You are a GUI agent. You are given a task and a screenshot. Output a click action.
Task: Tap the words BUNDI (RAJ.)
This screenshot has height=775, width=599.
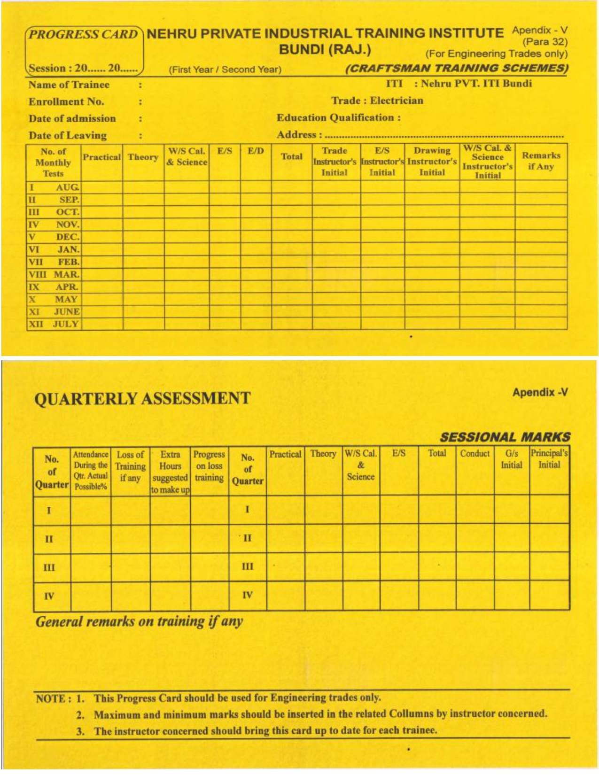click(x=325, y=49)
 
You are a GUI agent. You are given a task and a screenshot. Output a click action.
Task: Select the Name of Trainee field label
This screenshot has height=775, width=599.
click(x=69, y=85)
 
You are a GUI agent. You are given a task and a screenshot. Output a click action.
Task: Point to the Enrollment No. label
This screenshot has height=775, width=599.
click(x=66, y=101)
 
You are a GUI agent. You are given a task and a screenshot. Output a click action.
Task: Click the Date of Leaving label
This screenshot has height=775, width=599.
click(x=68, y=135)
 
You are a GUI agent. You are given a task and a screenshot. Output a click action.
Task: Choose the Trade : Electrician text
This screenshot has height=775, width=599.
click(x=377, y=101)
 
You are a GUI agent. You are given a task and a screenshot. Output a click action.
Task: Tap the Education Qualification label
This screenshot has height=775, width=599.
click(x=338, y=117)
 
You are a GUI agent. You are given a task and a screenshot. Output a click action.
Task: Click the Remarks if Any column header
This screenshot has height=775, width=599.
click(x=541, y=161)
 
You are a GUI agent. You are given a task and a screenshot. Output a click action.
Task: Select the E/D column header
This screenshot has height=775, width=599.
click(x=256, y=151)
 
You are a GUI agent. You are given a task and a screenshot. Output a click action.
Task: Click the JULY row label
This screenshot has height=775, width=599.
click(x=66, y=324)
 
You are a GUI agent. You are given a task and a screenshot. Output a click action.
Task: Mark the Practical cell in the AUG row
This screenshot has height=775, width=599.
click(x=102, y=187)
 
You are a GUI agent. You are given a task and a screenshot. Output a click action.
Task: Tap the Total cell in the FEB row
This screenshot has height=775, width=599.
click(x=292, y=262)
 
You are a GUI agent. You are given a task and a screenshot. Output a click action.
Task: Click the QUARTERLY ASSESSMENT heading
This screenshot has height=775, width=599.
click(x=142, y=398)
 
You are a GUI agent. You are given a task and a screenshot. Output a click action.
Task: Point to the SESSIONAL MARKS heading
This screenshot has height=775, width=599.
click(x=505, y=437)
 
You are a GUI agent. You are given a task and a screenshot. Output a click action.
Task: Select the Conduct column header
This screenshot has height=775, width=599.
click(x=475, y=453)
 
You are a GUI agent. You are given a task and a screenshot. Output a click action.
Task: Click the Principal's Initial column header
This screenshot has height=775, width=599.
click(x=549, y=459)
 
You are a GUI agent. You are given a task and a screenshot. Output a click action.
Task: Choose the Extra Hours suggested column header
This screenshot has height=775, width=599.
click(x=170, y=472)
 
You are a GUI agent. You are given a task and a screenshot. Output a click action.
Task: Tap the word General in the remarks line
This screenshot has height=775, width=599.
click(x=59, y=621)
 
